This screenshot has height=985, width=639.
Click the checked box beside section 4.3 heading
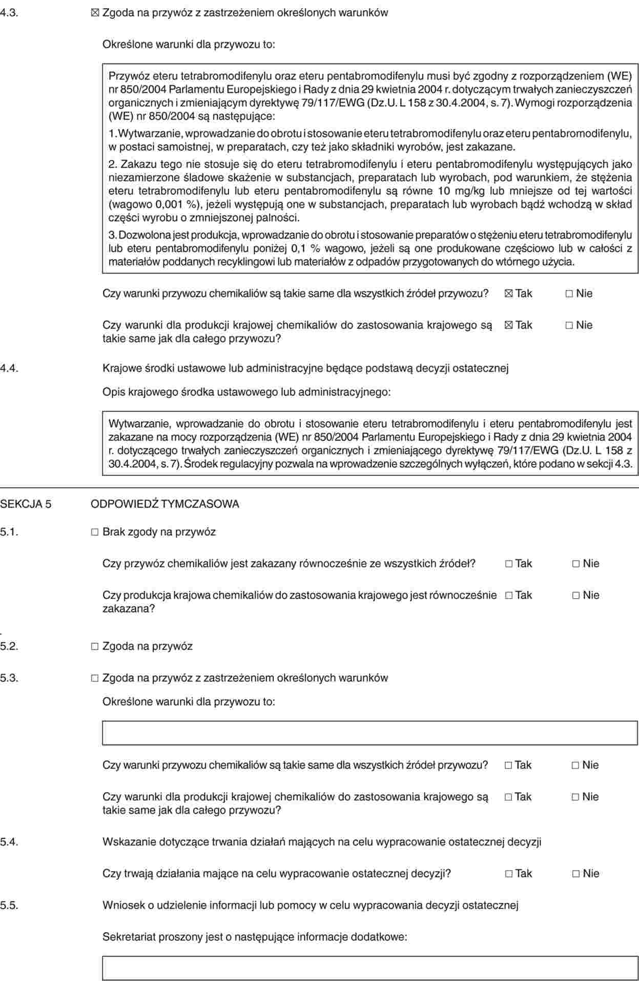pos(95,13)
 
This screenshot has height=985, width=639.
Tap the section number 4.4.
pos(10,368)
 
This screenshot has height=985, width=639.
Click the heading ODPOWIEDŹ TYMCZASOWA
pos(164,504)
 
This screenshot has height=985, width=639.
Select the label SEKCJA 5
pos(26,504)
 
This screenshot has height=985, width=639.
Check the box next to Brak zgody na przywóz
pos(95,532)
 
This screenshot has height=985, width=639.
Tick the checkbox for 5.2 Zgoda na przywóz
pos(95,646)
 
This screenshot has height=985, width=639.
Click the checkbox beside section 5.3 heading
pos(95,678)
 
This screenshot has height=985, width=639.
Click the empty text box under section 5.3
pos(370,733)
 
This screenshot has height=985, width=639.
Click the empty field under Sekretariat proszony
pos(370,968)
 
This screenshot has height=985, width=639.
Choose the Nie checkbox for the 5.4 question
pos(576,874)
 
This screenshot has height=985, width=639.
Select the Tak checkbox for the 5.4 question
pos(508,874)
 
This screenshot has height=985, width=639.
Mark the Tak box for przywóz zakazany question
pos(508,564)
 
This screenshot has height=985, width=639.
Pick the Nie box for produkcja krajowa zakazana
pos(576,596)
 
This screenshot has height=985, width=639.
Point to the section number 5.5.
pos(10,905)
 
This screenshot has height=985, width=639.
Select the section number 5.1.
pos(10,532)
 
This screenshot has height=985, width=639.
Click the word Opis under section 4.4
pos(114,392)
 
